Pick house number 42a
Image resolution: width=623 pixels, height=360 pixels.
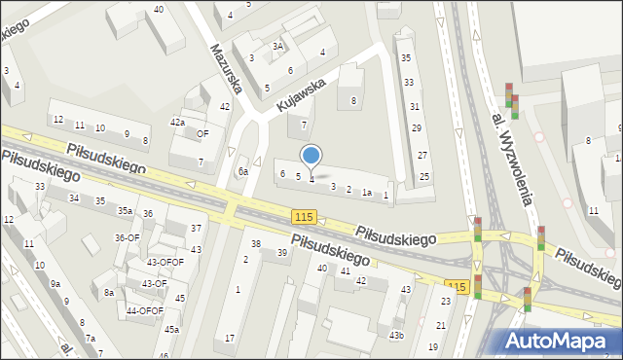tap(177, 123)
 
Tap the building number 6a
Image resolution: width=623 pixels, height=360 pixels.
tap(244, 171)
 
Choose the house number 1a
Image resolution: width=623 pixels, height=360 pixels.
tap(367, 193)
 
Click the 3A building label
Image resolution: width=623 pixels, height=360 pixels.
tap(277, 46)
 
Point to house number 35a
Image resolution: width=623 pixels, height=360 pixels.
tap(126, 210)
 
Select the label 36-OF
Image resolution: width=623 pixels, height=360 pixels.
tap(127, 237)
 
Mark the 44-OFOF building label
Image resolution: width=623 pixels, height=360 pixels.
tap(145, 310)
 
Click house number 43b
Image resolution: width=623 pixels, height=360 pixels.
tap(396, 336)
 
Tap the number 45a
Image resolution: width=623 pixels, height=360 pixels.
tap(171, 330)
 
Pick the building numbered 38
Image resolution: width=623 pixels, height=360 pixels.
tap(256, 243)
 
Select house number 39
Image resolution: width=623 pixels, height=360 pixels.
tap(282, 253)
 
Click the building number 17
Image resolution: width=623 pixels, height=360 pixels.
tap(230, 338)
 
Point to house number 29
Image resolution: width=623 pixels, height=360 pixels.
tap(416, 128)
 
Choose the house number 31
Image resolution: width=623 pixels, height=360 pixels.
tap(415, 105)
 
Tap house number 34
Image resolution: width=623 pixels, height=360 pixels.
tap(74, 198)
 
